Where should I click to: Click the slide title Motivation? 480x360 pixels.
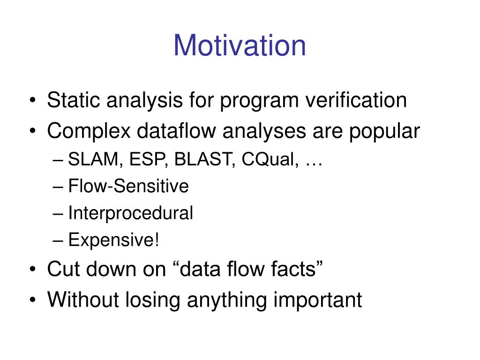(x=240, y=45)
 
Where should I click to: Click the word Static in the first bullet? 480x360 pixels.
(x=74, y=100)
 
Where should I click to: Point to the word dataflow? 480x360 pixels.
(x=176, y=131)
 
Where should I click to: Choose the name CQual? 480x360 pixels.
(x=269, y=159)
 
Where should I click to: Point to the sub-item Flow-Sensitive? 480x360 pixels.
(x=128, y=186)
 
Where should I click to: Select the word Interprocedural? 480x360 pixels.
(x=130, y=213)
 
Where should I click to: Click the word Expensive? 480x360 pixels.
(x=113, y=240)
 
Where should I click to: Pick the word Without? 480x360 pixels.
(x=82, y=300)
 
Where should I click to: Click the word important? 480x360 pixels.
(x=317, y=300)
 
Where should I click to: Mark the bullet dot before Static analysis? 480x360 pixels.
(x=33, y=100)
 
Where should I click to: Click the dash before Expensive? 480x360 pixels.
(x=58, y=240)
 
